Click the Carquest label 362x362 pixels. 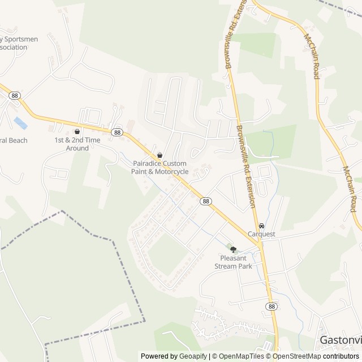[x=261, y=234]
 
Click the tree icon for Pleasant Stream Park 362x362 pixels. [x=233, y=249]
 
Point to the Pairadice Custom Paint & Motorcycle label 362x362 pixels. [x=160, y=167]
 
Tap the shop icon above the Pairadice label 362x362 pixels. [x=160, y=155]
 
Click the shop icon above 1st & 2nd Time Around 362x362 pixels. [x=77, y=131]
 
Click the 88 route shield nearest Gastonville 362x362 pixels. [x=272, y=306]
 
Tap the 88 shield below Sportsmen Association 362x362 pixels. [x=15, y=96]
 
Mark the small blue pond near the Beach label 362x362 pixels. [x=20, y=123]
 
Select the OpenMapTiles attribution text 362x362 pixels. [x=238, y=356]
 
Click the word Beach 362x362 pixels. [x=17, y=140]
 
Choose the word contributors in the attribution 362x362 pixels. [x=341, y=356]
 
